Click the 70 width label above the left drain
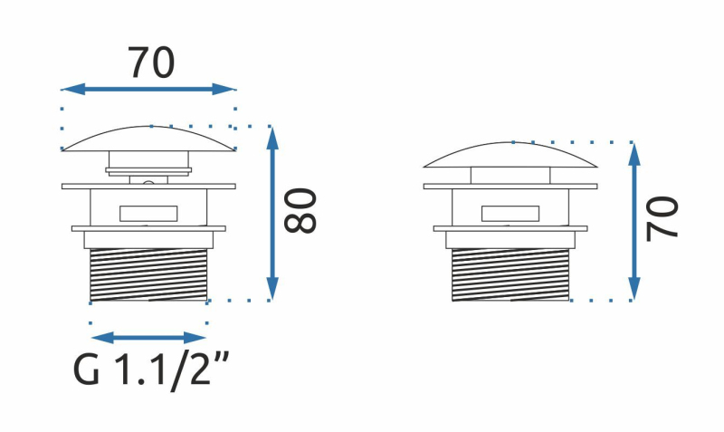151,62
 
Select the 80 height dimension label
300,211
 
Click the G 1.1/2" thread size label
150,370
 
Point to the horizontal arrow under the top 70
148,89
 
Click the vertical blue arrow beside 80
272,213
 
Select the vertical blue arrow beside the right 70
634,221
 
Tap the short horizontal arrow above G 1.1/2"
148,338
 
